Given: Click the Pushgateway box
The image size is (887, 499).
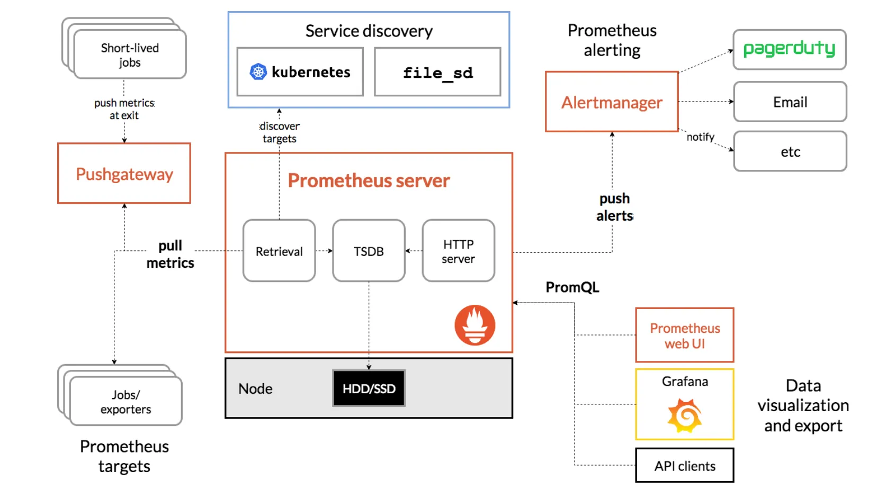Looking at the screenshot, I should pos(124,174).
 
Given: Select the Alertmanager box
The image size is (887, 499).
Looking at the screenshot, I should pos(612,102).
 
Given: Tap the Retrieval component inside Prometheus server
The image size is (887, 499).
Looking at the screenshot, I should pos(279,251).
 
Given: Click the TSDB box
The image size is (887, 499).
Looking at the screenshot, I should pos(369,251).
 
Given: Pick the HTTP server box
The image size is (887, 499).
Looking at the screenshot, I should pos(458,251).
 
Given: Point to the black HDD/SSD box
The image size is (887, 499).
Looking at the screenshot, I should pos(369,388).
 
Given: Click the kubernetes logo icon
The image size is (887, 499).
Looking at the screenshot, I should pos(258,71).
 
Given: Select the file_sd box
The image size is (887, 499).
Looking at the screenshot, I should pos(437,72).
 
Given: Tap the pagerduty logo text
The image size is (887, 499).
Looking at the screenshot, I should pos(789,49).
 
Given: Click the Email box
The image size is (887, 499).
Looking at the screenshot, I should pos(790,102).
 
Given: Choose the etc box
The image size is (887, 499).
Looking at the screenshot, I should pos(790,152).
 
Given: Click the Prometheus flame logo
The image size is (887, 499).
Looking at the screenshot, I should pos(474,325).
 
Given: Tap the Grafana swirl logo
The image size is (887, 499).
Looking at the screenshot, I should pos(685,415).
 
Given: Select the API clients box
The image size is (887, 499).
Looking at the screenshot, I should pos(684,466).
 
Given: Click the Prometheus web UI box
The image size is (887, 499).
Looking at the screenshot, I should pos(684,335).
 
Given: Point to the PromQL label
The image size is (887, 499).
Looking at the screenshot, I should pos(572,287).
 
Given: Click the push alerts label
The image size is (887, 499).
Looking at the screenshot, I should pos(614,207).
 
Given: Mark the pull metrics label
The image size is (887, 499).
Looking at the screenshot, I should pos(170,254).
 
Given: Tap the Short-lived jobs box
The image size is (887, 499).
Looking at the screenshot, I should pos(130,55).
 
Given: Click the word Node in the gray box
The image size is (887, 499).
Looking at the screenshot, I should pos(255,389).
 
